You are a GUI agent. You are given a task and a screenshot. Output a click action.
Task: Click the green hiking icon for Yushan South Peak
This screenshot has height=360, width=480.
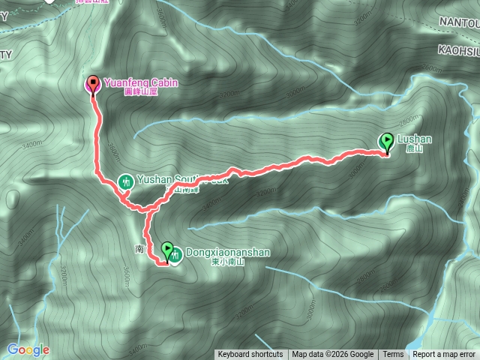126,181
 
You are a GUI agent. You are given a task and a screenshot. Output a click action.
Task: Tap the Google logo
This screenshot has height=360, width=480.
28,349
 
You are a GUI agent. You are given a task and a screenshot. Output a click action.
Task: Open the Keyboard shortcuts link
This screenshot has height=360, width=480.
250,355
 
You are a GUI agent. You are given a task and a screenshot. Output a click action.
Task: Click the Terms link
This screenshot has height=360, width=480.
392,355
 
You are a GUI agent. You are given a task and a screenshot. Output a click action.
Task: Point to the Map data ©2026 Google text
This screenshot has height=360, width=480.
333,355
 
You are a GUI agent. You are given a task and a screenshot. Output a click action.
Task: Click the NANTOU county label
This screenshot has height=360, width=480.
458,24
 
